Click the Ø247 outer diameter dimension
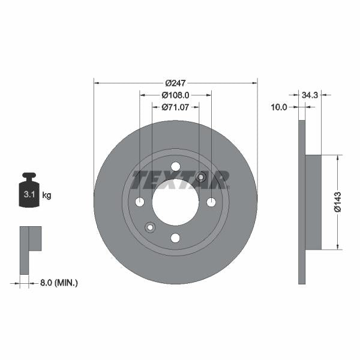coord(175,82)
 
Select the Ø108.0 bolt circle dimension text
coord(175,95)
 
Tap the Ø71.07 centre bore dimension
coord(175,107)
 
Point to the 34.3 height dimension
coord(310,95)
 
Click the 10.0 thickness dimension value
coord(279,107)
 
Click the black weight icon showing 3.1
coord(29,191)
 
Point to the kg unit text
coord(47,195)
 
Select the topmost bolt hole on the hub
coord(175,166)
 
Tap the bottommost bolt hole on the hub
coord(175,238)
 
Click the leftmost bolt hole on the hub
coord(139,202)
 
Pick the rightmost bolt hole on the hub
coord(211,202)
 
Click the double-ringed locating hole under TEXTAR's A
coord(201,177)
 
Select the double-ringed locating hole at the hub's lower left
coord(150,227)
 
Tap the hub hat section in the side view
coord(313,202)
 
